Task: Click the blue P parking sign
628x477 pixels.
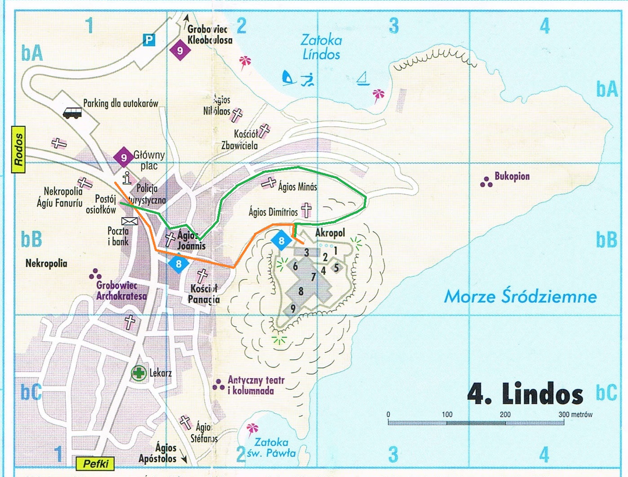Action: tap(149, 40)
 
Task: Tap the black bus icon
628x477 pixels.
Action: tap(72, 112)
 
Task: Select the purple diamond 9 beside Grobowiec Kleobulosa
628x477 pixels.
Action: tap(180, 50)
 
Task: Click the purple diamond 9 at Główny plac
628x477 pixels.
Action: tap(124, 158)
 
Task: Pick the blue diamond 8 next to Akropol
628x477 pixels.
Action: tap(281, 241)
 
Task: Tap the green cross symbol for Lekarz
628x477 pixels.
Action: tap(139, 373)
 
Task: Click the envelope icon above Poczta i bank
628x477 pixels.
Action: tap(129, 221)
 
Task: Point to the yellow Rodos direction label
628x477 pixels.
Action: tap(18, 150)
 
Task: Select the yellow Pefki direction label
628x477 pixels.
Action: tap(96, 464)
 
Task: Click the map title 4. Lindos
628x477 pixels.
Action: tap(525, 394)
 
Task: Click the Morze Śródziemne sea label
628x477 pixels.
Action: tap(520, 297)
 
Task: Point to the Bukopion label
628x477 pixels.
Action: tap(512, 176)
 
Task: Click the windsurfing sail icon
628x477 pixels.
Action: tap(288, 78)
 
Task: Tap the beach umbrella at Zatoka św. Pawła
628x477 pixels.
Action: tap(252, 429)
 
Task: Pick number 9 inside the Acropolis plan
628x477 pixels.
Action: tap(293, 308)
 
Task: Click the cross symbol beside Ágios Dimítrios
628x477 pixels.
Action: tap(306, 210)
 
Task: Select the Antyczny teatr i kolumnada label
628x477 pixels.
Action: tap(256, 385)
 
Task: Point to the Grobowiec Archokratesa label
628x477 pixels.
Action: tap(121, 290)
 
